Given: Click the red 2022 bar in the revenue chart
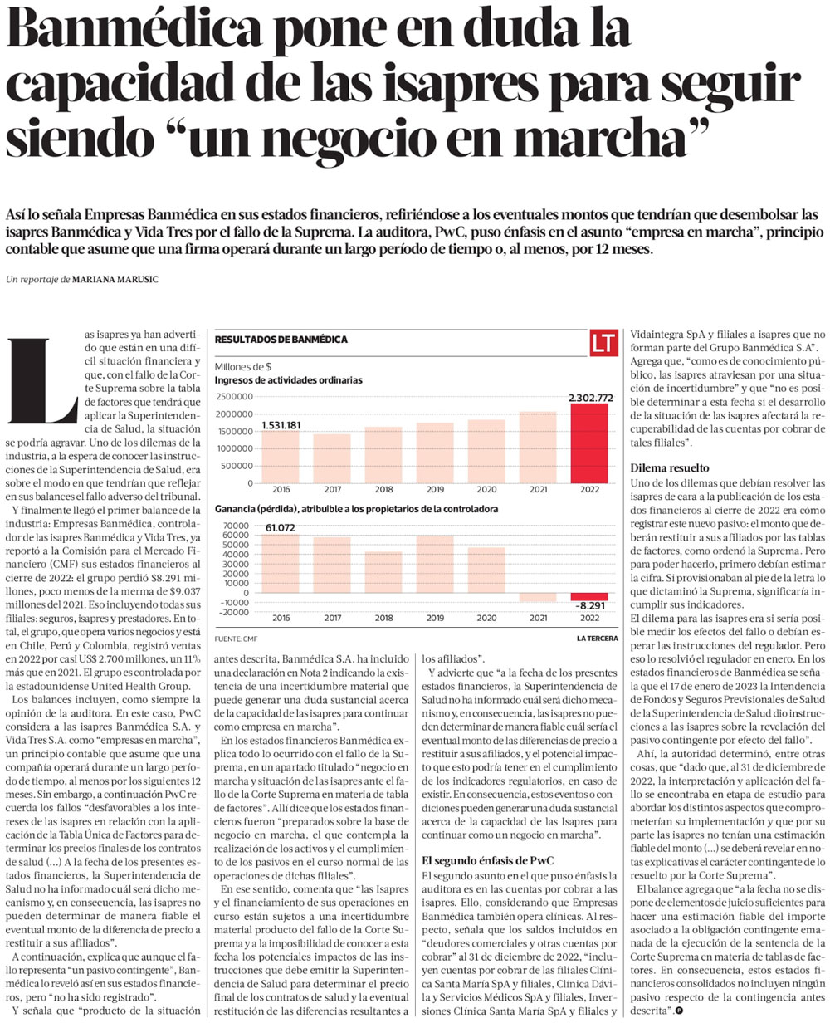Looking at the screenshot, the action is coord(588,443).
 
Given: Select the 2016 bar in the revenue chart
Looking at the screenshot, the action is coord(280,456).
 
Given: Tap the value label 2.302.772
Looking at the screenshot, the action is coord(590,398).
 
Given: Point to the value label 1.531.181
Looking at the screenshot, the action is coord(281,425).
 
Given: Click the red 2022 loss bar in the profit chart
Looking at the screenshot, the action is coord(588,596).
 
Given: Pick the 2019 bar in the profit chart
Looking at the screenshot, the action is coord(434,565).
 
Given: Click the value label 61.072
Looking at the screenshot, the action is coord(280,528).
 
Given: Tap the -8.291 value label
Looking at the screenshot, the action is coord(590,605).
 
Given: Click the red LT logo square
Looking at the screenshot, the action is coord(603,344).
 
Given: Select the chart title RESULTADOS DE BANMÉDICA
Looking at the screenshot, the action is coord(281,340).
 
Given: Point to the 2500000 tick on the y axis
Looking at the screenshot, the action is coord(234,397).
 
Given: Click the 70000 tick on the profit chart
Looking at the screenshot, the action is coord(236,526).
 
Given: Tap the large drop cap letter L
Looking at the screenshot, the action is coord(42,381).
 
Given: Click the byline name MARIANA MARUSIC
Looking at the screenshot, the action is coord(115,280).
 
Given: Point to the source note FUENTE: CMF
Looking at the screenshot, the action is coord(236,639).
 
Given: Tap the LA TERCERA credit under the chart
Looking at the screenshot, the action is coord(597,639).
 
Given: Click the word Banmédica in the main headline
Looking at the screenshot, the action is coord(134,32).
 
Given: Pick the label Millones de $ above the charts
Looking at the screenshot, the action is coord(242,367).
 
